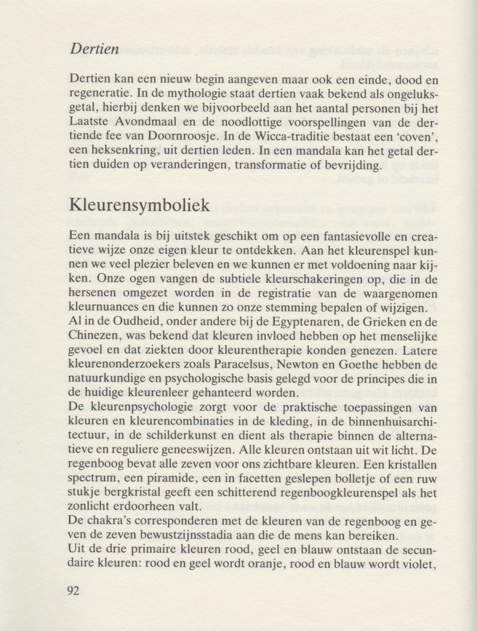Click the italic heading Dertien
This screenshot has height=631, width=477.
pos(95,48)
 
